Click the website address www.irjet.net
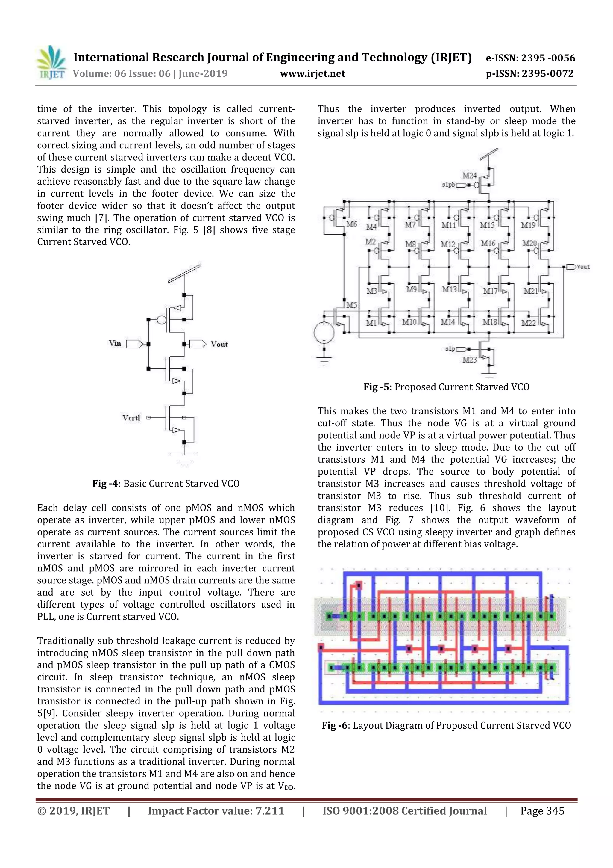312,73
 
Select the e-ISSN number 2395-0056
548,58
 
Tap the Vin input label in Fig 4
115,343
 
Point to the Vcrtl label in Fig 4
131,417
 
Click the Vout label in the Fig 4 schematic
219,344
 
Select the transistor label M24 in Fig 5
469,175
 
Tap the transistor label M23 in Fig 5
469,360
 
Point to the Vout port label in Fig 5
583,267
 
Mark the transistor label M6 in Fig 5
351,224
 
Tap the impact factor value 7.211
270,810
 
